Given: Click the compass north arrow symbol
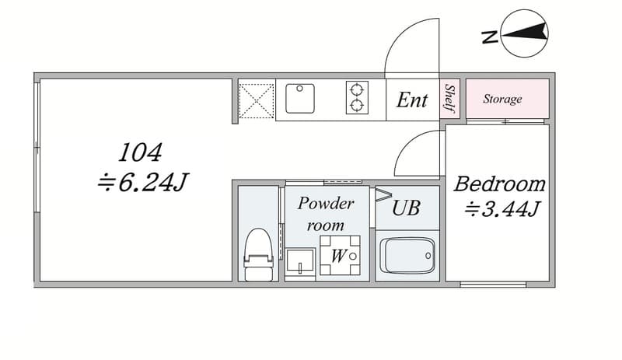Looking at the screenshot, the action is (x=524, y=33).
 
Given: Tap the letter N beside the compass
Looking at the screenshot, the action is (x=490, y=37).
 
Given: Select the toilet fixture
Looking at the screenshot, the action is (x=259, y=254).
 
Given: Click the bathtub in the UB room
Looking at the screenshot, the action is (x=407, y=255).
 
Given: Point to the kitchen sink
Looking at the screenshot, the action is (x=300, y=98).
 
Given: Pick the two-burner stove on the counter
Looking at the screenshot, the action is (x=357, y=98).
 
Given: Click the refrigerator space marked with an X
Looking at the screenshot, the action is (x=257, y=101).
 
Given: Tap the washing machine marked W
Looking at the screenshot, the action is (x=340, y=255).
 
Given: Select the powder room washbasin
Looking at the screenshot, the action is (x=300, y=262).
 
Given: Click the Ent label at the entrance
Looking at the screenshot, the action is (x=412, y=100).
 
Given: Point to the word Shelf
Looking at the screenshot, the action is (x=449, y=98).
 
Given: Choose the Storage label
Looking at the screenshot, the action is (x=502, y=99).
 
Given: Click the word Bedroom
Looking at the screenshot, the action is (x=500, y=183).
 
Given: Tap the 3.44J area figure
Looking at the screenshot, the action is (x=502, y=209).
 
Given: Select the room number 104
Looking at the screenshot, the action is (x=141, y=153).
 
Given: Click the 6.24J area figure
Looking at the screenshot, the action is (x=143, y=182).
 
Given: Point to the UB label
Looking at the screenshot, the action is (x=406, y=208).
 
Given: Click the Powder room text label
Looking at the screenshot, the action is (x=326, y=215).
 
